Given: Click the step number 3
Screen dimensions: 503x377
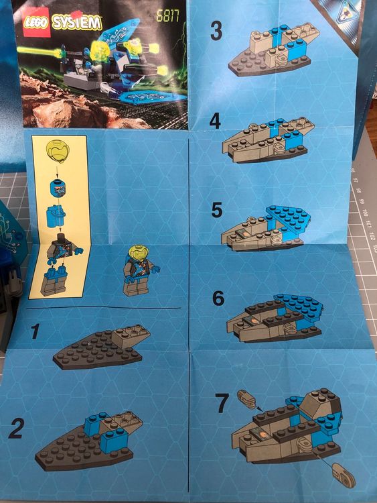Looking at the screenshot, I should tap(216, 30).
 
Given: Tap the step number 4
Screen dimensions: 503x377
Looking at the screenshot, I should tap(215, 121).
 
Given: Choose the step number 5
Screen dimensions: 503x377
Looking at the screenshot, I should tap(216, 210).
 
